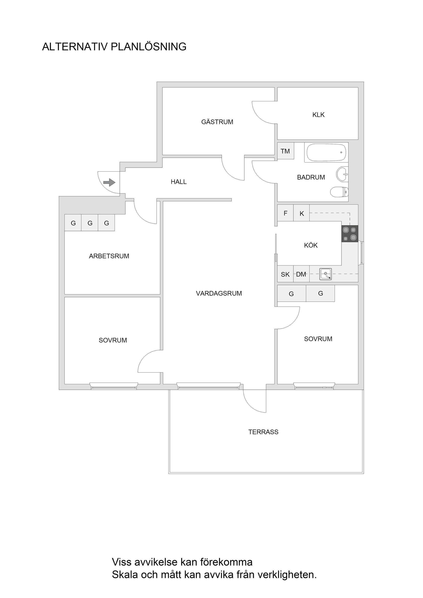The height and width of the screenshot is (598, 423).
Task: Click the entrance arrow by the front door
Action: click(109, 182)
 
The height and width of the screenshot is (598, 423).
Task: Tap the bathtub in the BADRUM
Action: click(326, 152)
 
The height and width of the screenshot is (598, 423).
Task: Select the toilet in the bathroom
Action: click(339, 192)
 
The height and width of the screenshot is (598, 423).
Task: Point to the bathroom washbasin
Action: click(342, 174)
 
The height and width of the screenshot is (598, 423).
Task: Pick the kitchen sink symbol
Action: click(326, 274)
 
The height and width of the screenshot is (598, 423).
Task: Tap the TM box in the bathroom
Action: click(285, 151)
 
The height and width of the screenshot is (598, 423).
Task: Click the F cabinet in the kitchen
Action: click(285, 213)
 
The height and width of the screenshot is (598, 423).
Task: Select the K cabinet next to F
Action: click(302, 214)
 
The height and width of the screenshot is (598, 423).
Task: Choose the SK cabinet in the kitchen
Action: click(285, 274)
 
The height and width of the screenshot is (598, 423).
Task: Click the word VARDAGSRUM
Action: click(219, 293)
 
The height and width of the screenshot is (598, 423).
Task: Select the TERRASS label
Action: click(263, 432)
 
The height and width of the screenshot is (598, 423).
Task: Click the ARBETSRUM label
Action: click(109, 256)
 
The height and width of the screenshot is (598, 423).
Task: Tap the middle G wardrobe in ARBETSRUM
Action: click(90, 223)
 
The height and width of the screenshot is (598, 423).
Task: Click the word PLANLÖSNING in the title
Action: click(148, 47)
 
